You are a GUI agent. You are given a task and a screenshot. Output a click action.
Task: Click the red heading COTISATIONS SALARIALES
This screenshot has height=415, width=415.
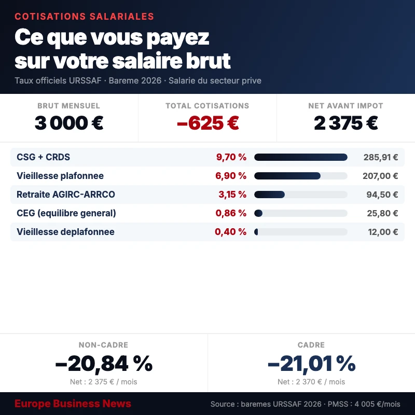pyautogui.click(x=84, y=17)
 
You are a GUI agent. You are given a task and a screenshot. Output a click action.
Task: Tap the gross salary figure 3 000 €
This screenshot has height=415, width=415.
pyautogui.click(x=69, y=123)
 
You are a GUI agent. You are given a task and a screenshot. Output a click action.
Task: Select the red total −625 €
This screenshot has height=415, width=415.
pyautogui.click(x=208, y=123)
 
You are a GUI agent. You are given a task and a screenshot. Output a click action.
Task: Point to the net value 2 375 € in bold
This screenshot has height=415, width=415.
pyautogui.click(x=345, y=123)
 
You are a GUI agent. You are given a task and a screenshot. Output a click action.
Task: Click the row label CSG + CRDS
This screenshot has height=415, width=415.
pyautogui.click(x=43, y=157)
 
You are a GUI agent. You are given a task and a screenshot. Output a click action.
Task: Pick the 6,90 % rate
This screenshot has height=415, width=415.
pyautogui.click(x=231, y=176)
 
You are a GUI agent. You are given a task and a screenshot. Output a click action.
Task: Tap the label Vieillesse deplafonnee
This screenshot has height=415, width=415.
pyautogui.click(x=65, y=232)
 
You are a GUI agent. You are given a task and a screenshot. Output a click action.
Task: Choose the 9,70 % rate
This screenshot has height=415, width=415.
pyautogui.click(x=231, y=157)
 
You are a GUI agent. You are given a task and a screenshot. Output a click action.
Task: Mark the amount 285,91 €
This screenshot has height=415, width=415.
pyautogui.click(x=380, y=157)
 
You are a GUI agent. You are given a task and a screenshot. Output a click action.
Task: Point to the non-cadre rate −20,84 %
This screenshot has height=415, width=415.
pyautogui.click(x=104, y=364)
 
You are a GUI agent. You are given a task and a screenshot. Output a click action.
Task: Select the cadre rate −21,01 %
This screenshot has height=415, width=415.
pyautogui.click(x=311, y=364)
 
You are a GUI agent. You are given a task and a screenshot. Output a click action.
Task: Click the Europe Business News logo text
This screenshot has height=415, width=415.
pyautogui.click(x=73, y=404)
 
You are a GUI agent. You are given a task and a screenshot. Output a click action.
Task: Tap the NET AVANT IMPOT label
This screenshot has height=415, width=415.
pyautogui.click(x=345, y=106)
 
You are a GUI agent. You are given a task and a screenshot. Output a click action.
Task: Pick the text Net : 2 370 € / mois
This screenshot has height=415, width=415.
pyautogui.click(x=311, y=382)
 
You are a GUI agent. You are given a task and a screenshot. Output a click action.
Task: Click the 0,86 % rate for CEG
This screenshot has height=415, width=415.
pyautogui.click(x=231, y=213)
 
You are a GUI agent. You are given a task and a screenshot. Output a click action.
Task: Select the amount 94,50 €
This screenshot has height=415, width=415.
pyautogui.click(x=382, y=195)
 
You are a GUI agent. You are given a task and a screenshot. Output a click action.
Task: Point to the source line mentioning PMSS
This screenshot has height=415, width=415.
pyautogui.click(x=305, y=404)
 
